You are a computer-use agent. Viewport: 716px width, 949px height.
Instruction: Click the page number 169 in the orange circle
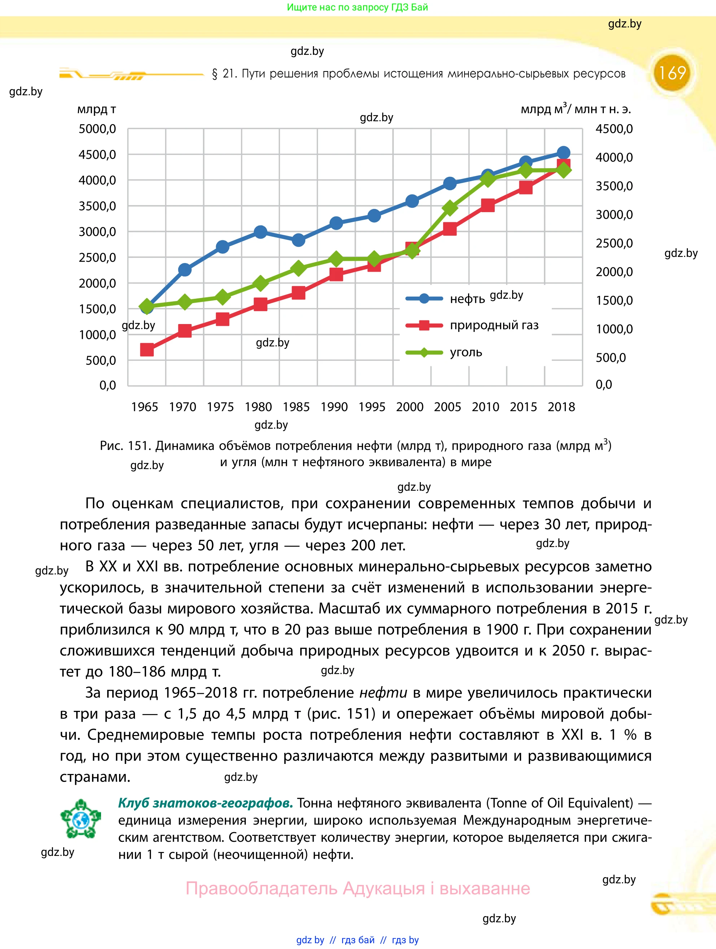pyautogui.click(x=672, y=73)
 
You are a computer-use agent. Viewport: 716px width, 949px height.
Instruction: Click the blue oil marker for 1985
pyautogui.click(x=298, y=240)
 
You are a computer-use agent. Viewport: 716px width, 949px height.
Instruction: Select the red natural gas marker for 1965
pyautogui.click(x=147, y=350)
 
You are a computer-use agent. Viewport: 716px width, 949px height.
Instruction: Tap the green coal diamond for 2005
pyautogui.click(x=450, y=209)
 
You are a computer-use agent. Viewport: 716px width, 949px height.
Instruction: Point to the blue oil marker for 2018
pyautogui.click(x=563, y=153)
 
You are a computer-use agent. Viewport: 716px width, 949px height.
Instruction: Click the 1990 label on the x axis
pyautogui.click(x=334, y=407)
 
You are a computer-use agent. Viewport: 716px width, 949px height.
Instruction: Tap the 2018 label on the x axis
pyautogui.click(x=561, y=407)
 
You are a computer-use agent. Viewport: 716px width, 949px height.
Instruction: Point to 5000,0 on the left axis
pyautogui.click(x=97, y=129)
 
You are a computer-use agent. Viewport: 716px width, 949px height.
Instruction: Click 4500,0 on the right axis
pyautogui.click(x=614, y=129)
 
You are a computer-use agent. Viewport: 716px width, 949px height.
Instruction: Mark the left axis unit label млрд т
pyautogui.click(x=96, y=109)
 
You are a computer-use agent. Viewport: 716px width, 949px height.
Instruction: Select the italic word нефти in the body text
pyautogui.click(x=383, y=693)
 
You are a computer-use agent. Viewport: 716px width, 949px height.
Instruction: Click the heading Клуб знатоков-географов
pyautogui.click(x=205, y=803)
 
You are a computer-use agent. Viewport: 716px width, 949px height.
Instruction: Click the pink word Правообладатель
pyautogui.click(x=261, y=888)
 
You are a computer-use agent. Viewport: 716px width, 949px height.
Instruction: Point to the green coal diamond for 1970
pyautogui.click(x=185, y=302)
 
